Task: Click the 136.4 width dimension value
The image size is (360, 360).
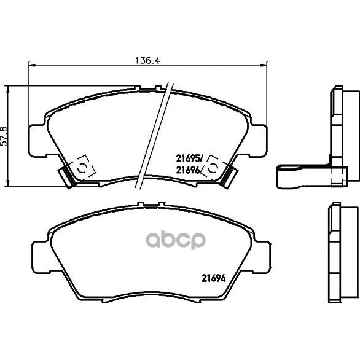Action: (x=147, y=61)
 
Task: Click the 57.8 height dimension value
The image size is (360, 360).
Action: (x=4, y=136)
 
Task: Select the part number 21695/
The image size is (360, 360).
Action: (x=189, y=158)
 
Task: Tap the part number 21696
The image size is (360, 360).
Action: (x=187, y=170)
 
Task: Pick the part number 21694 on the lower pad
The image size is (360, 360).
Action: (x=214, y=278)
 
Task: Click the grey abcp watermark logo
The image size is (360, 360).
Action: (x=176, y=240)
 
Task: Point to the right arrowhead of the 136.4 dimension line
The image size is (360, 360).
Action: (x=264, y=66)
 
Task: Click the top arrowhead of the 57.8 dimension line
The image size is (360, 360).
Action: (x=8, y=89)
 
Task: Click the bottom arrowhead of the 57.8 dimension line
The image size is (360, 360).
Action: (x=8, y=183)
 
